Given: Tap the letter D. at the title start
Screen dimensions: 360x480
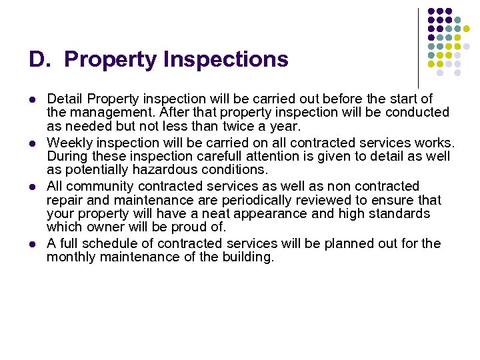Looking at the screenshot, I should tap(40, 60).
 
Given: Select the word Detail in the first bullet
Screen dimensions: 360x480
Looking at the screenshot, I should tap(65, 99).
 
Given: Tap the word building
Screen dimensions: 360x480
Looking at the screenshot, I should tap(248, 257).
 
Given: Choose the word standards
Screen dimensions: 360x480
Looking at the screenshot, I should tap(399, 214).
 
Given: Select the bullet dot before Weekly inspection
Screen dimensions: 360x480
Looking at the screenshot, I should tap(32, 143).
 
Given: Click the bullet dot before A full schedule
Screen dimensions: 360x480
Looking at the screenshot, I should tap(32, 243).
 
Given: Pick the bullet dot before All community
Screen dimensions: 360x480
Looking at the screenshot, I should tap(32, 187).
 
